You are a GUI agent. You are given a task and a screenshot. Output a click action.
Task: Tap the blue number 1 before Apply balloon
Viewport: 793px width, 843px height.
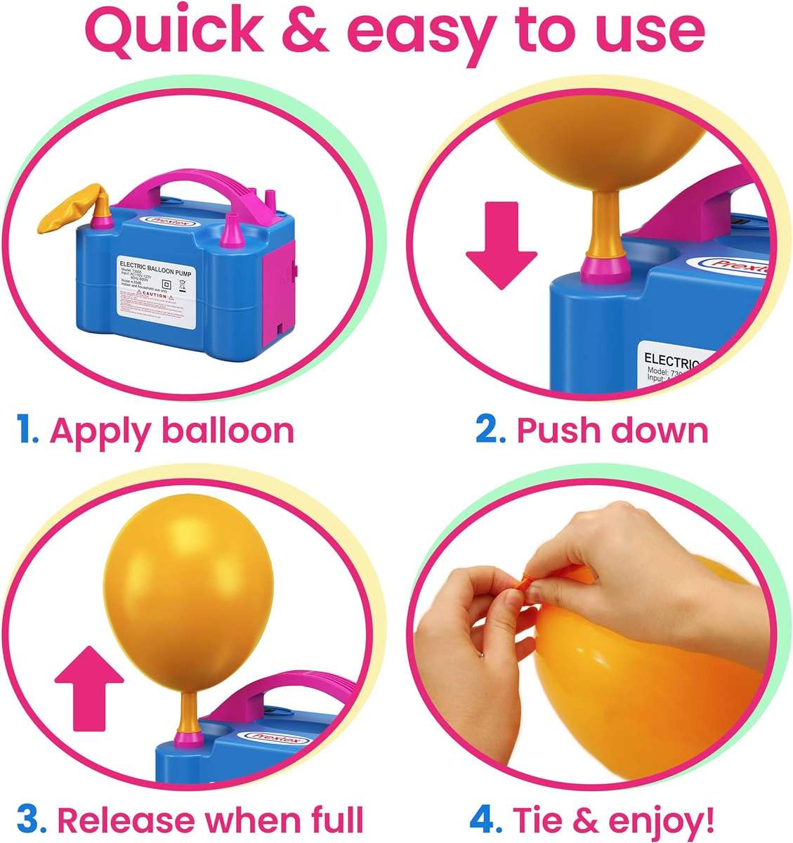pyautogui.click(x=27, y=430)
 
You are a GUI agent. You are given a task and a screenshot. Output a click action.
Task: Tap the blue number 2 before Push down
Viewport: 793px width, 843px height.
pyautogui.click(x=490, y=430)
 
